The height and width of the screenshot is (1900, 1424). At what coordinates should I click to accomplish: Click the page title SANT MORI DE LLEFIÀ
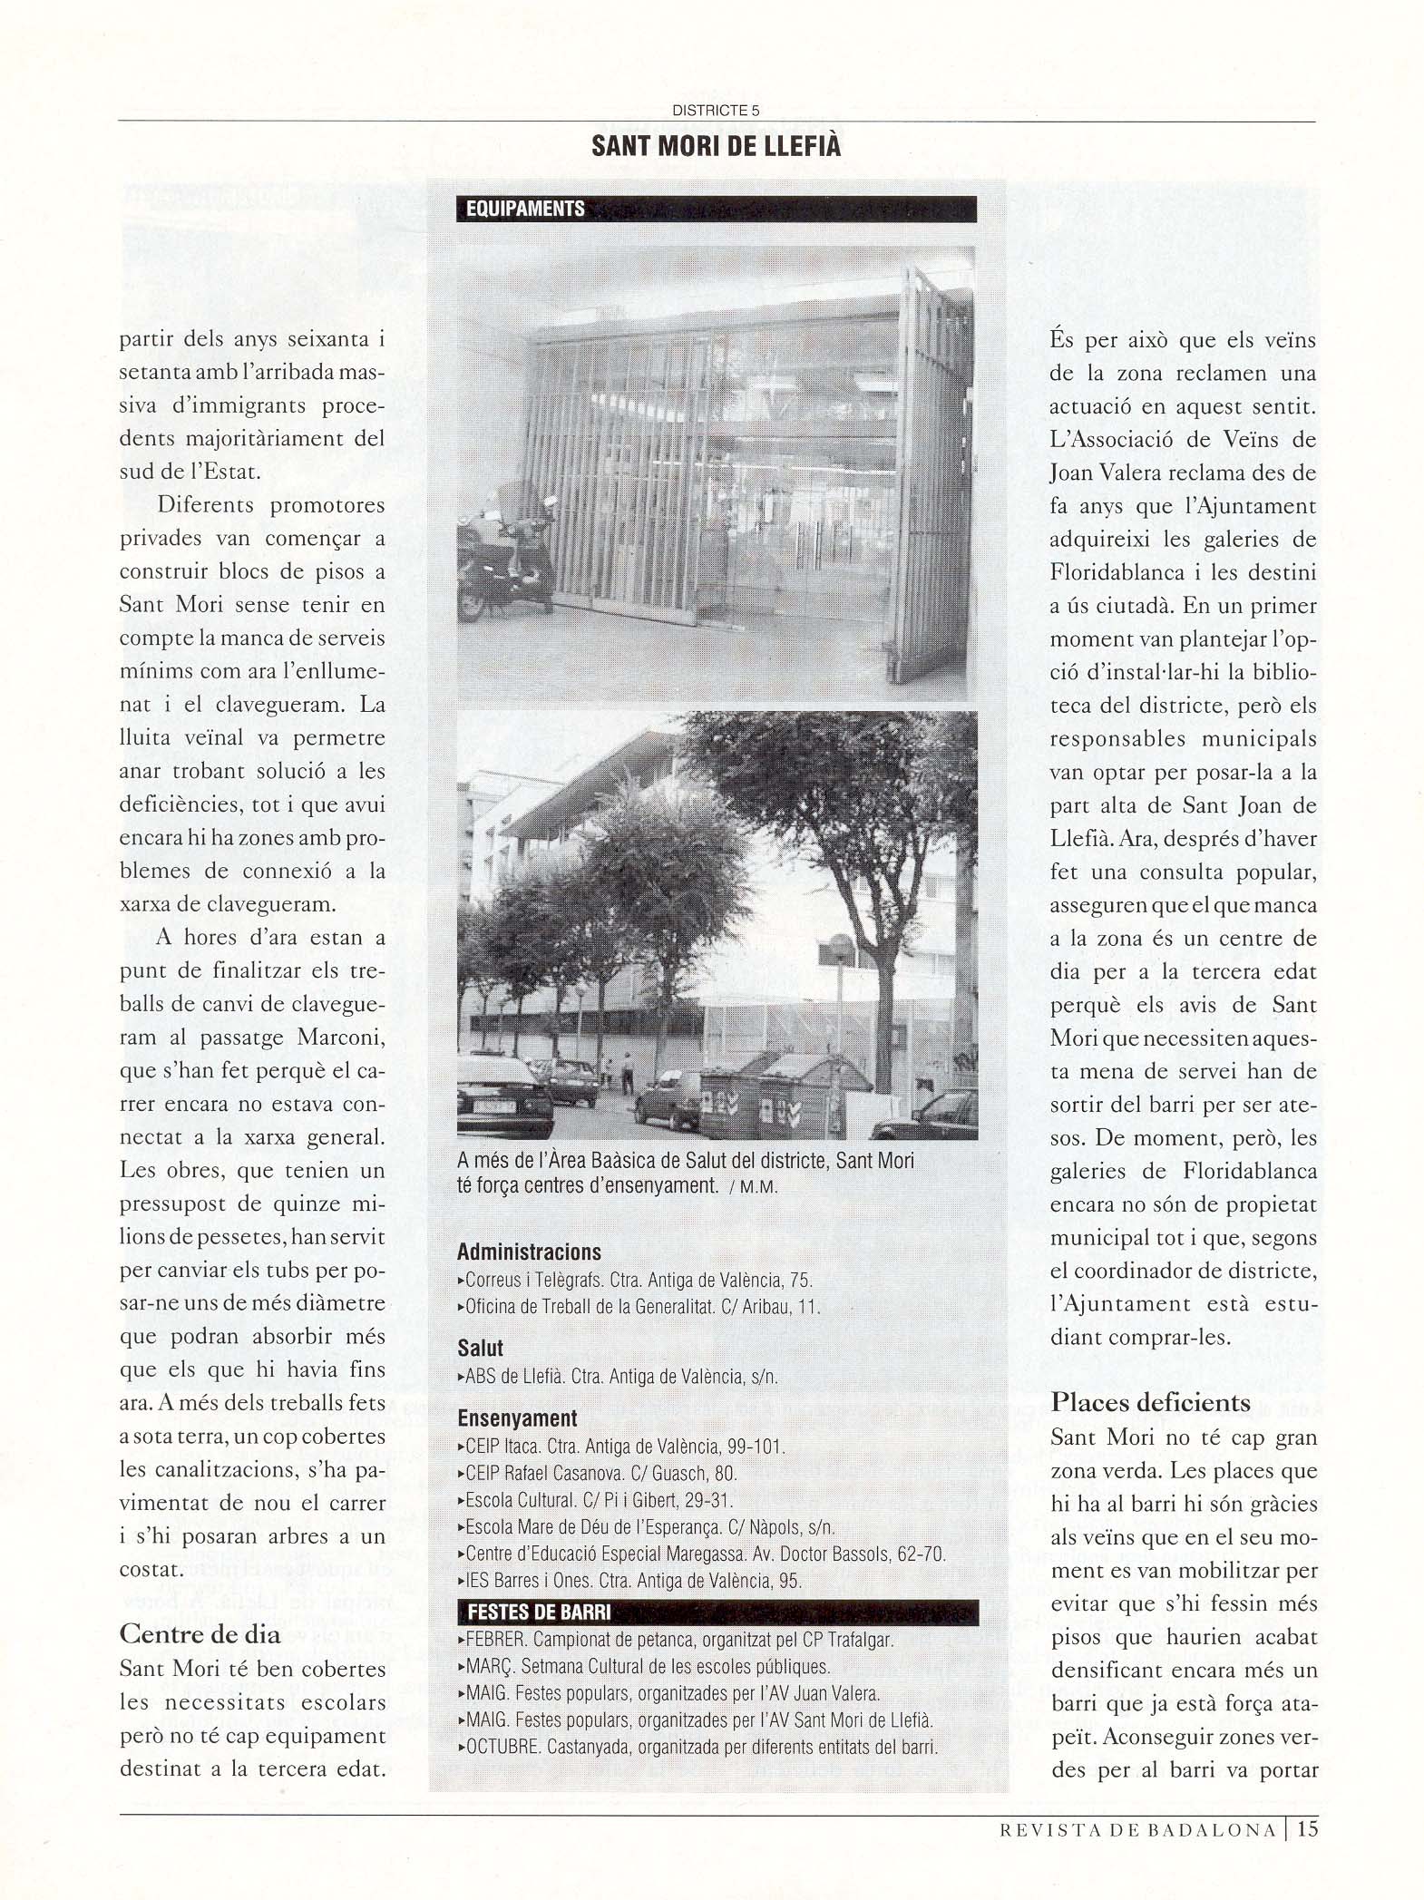(716, 146)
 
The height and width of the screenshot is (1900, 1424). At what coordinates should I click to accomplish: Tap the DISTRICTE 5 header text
(716, 111)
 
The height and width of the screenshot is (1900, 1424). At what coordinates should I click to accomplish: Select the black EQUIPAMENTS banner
(717, 209)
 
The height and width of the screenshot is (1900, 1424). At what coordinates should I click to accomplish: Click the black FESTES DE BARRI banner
(717, 1613)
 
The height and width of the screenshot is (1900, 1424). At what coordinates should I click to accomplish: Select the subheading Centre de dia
(200, 1635)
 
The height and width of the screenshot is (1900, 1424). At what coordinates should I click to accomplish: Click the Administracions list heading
(529, 1252)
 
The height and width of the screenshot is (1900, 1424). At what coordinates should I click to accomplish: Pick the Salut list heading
(480, 1349)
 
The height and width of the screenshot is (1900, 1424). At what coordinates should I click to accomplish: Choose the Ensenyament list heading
(517, 1418)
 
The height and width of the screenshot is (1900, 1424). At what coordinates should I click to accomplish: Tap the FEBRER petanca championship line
(679, 1640)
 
